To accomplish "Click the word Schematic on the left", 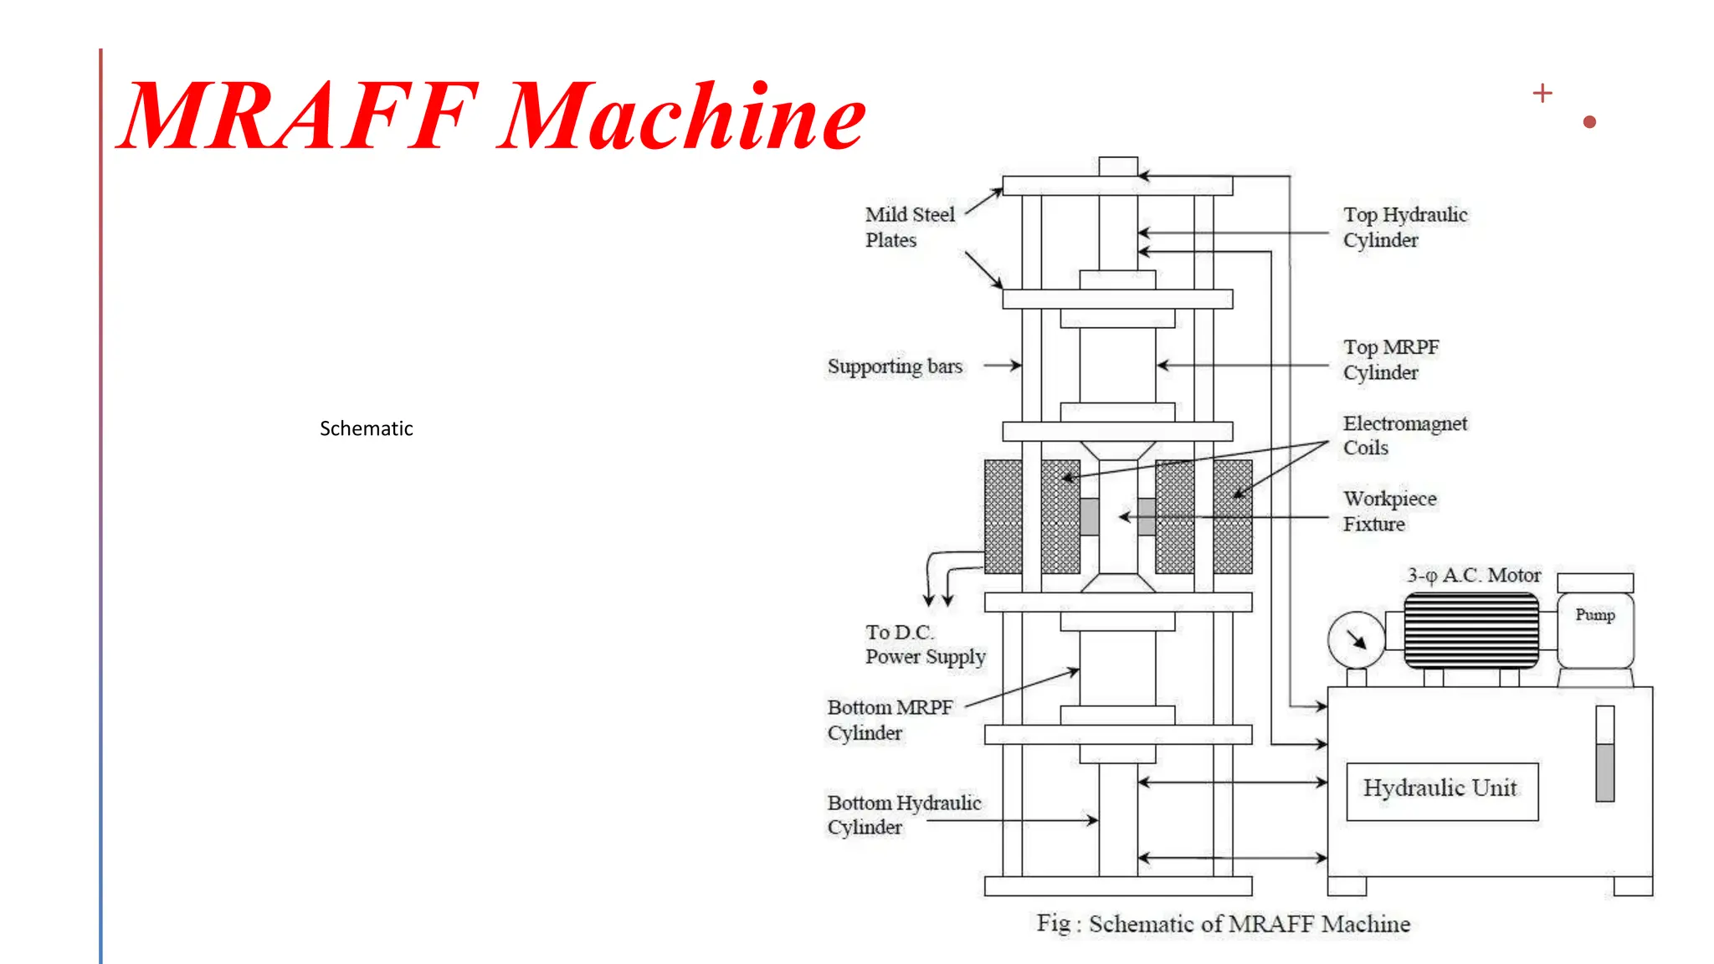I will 366,428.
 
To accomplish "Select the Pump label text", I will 1594,615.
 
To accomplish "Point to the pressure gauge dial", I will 1356,640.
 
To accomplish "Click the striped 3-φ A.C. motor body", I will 1470,630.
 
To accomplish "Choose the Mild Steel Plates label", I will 909,227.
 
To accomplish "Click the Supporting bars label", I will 895,367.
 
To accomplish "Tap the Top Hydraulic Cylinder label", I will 1404,227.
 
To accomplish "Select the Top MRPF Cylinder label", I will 1390,359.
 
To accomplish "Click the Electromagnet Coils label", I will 1404,435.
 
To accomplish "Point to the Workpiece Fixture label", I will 1389,510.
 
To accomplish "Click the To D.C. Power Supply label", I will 925,644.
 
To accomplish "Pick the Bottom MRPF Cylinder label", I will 889,720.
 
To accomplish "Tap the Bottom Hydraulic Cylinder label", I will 903,814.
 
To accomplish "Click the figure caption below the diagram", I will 1223,924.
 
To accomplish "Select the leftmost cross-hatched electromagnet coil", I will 1003,516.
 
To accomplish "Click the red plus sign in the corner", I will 1542,93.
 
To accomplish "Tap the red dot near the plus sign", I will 1590,122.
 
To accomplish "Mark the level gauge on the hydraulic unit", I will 1604,754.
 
